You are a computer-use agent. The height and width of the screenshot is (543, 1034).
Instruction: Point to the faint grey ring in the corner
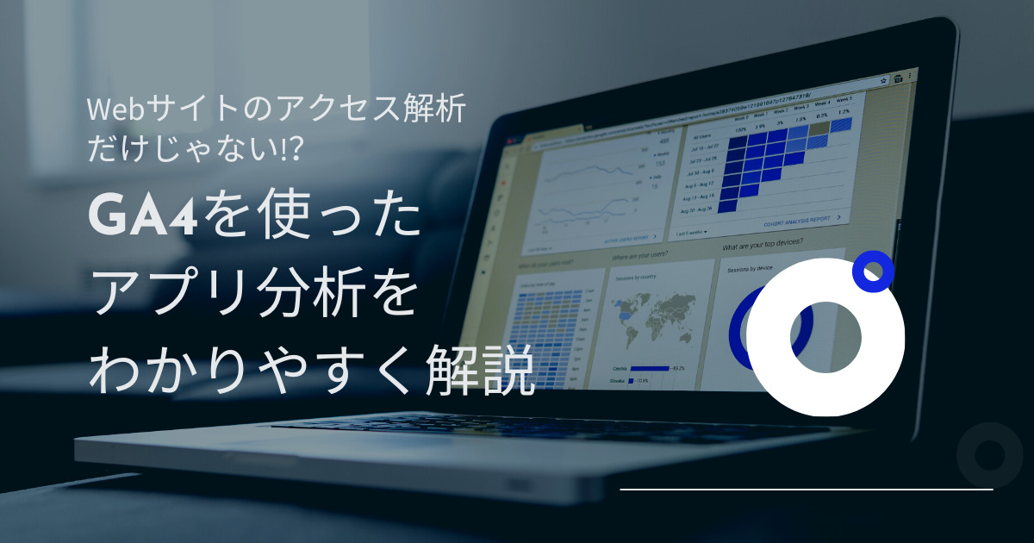pos(988,455)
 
